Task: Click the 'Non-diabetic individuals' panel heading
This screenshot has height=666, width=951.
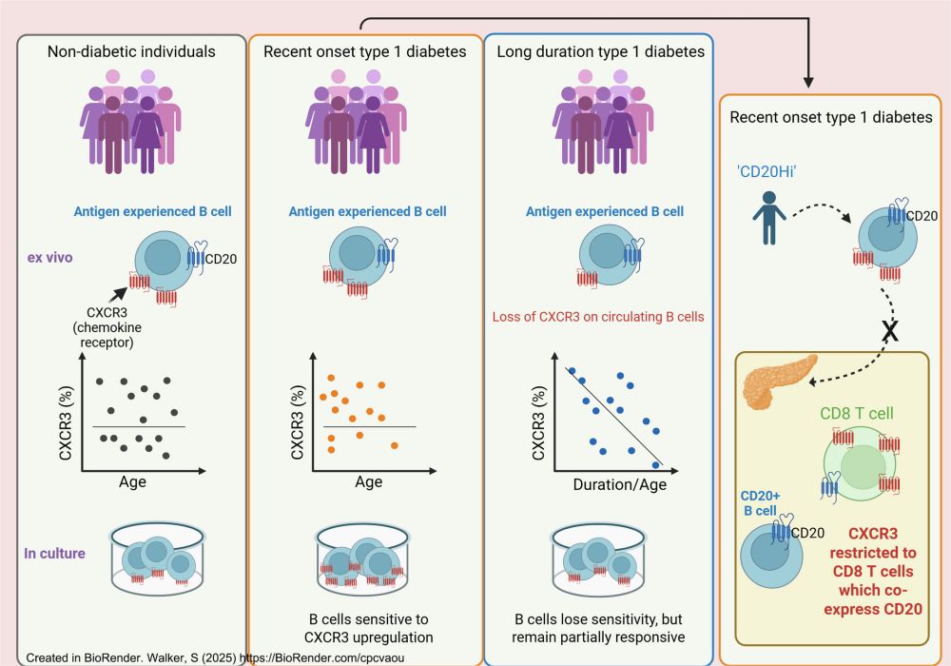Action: [131, 51]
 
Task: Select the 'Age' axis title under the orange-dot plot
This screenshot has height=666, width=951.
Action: [368, 481]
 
